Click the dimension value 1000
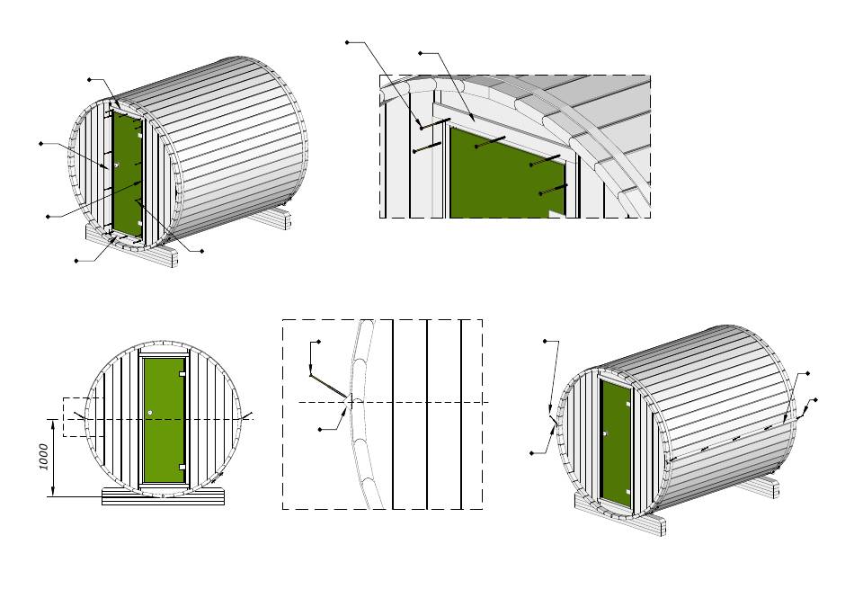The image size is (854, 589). [x=43, y=457]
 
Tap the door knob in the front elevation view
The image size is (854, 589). [x=150, y=413]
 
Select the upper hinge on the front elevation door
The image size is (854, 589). [x=182, y=374]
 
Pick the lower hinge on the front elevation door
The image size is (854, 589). [x=182, y=467]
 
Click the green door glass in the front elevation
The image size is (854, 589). [x=164, y=420]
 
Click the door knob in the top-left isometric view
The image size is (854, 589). [x=116, y=164]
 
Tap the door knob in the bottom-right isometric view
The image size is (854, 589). [x=605, y=433]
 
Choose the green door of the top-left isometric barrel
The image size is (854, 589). [x=127, y=174]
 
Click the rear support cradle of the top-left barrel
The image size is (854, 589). [x=272, y=218]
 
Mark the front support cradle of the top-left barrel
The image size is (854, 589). [x=130, y=246]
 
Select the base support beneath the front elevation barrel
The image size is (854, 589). [x=163, y=496]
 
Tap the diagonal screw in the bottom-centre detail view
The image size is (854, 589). [x=328, y=385]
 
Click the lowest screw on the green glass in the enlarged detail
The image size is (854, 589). [x=554, y=190]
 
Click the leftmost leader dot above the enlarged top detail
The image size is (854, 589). [x=348, y=42]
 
